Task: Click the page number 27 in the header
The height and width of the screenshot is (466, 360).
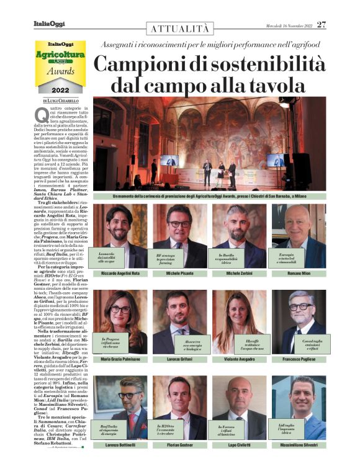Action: (x=321, y=25)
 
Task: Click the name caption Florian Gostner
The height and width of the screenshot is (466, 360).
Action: (x=179, y=445)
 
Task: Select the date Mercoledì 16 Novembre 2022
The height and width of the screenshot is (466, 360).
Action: (x=285, y=25)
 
